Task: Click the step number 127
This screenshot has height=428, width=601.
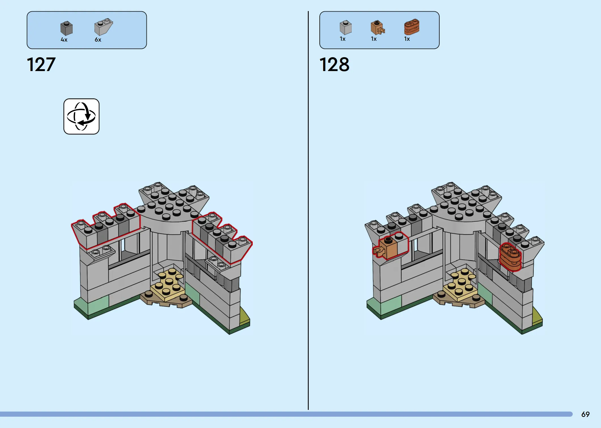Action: (x=41, y=64)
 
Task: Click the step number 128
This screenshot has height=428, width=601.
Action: (x=334, y=64)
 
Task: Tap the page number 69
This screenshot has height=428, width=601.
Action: (x=585, y=414)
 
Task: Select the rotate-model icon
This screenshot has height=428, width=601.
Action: (x=81, y=116)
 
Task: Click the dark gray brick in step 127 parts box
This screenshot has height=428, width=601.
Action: (x=66, y=28)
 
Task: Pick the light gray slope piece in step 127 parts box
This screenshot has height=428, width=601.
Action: (x=103, y=27)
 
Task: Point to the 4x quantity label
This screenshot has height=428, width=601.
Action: (x=64, y=40)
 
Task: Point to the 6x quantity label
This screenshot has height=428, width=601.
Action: (x=98, y=40)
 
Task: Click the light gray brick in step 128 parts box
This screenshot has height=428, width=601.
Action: (x=346, y=27)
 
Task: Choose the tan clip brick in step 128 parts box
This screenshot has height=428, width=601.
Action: (x=377, y=27)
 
